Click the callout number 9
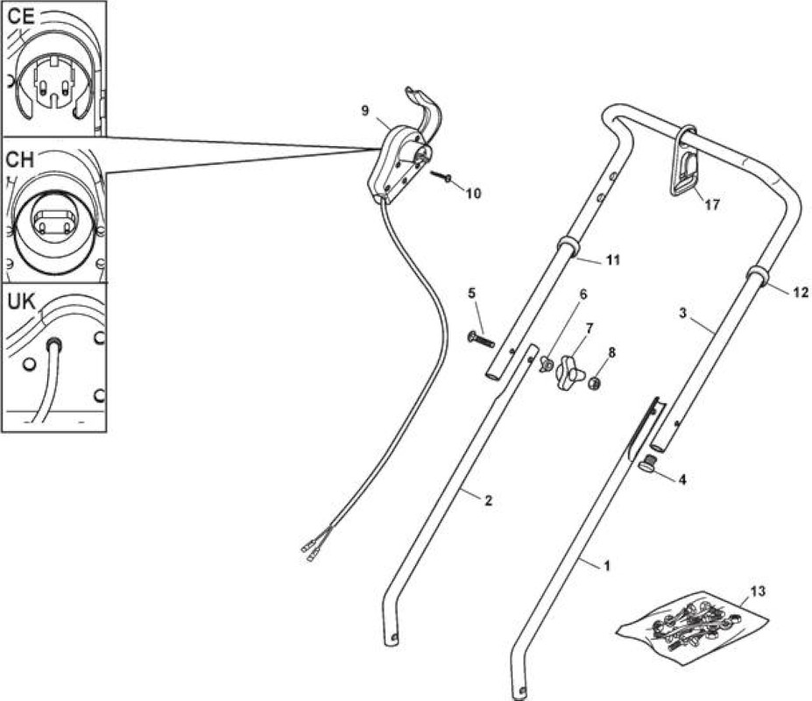[365, 111]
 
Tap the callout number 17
[712, 205]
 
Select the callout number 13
[759, 591]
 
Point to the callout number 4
[682, 480]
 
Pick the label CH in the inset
[19, 159]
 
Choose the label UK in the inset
[21, 302]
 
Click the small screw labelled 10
[441, 177]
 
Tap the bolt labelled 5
[481, 340]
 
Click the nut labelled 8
[596, 384]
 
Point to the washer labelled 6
[546, 365]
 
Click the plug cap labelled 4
[648, 465]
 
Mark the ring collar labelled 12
[759, 275]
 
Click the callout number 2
[488, 500]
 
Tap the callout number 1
[607, 565]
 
